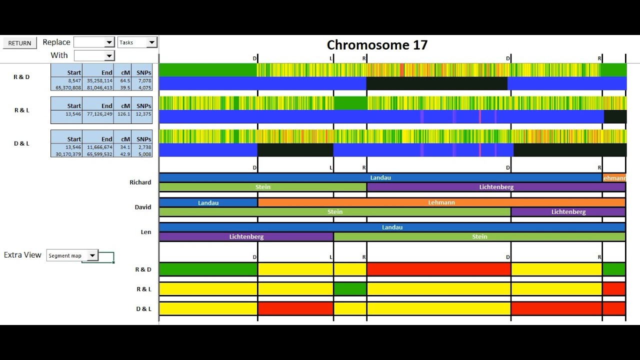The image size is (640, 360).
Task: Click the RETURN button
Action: pos(19,43)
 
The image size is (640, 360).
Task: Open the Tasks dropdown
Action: pos(152,42)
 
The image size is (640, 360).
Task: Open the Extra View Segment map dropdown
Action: pos(92,255)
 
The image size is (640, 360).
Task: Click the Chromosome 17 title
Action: pos(377,45)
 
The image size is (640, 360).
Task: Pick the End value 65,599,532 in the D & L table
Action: pos(98,154)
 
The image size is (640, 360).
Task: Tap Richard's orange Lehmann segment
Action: pos(614,178)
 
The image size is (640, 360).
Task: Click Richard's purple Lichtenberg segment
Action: pos(495,187)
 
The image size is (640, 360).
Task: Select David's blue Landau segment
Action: pos(208,202)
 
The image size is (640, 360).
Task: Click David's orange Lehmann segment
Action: pos(441,202)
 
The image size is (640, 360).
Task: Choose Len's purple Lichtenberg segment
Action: pos(246,236)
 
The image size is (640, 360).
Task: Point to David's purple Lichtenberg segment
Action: pos(568,212)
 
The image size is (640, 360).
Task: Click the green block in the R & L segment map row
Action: pos(350,289)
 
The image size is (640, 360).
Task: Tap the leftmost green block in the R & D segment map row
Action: pos(208,269)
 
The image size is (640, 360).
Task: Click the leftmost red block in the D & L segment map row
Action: pos(295,308)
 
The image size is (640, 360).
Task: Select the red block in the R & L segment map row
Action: pos(614,289)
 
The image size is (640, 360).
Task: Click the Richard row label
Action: pos(140,182)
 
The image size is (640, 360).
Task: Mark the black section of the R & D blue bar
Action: pos(436,83)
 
